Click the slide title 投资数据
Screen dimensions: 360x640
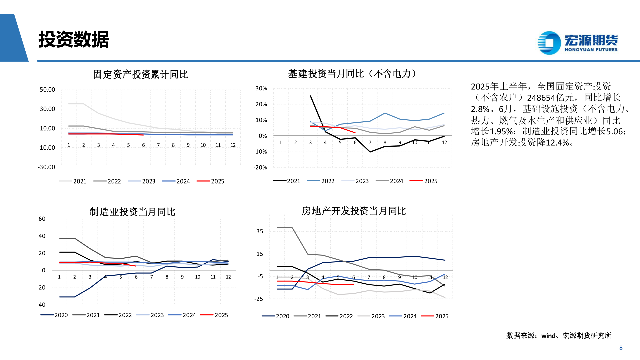[74, 40]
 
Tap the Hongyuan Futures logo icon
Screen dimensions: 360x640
[549, 43]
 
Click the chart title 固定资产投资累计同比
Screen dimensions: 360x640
[140, 74]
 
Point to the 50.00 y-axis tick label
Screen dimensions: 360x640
[47, 90]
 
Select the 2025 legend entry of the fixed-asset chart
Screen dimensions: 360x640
[210, 181]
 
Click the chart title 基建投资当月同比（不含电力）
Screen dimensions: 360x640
[352, 74]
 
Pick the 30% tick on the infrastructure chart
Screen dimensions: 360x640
[261, 88]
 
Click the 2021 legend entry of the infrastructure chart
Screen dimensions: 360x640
[287, 181]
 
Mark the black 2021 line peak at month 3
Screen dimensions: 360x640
[311, 96]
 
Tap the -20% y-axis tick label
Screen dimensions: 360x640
[260, 167]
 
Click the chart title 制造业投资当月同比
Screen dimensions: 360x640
[132, 212]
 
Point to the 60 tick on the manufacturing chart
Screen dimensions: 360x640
[42, 219]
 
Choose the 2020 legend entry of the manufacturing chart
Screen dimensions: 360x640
[54, 315]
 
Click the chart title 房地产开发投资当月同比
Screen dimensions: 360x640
[354, 211]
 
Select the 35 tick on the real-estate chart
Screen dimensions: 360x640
[260, 231]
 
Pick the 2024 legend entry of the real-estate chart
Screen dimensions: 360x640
[403, 316]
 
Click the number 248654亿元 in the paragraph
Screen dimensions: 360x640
[550, 98]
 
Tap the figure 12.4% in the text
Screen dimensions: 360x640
[557, 143]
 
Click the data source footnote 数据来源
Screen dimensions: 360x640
[559, 336]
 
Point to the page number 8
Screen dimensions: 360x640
[621, 348]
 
